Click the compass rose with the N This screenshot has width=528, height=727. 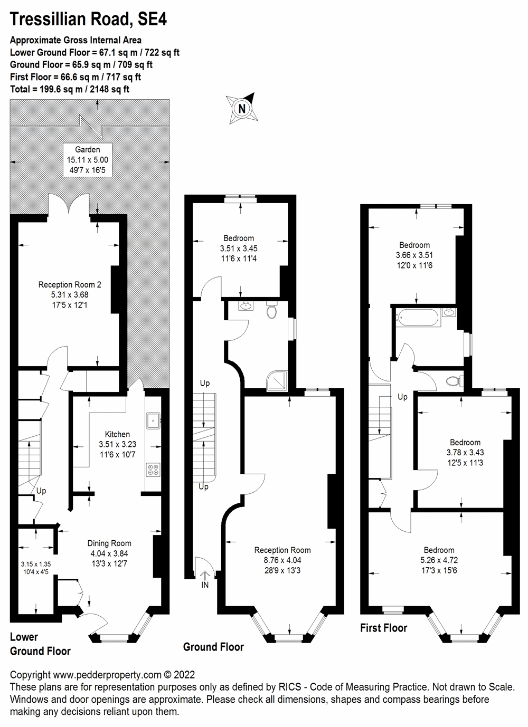(241, 108)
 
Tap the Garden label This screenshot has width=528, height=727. (87, 149)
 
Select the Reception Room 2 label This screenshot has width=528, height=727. (70, 284)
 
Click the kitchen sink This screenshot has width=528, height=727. (152, 420)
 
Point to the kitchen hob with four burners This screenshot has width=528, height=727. (153, 468)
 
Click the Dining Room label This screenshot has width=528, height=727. (109, 543)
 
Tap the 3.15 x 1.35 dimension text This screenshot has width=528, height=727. (35, 563)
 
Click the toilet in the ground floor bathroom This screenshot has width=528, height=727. (272, 311)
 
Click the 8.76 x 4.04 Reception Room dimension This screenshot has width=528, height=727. (282, 560)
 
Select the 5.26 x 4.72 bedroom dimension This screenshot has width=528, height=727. (439, 560)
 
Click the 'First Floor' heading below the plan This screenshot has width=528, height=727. (383, 628)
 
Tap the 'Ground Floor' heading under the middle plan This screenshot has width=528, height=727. (213, 647)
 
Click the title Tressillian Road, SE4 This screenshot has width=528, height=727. (89, 20)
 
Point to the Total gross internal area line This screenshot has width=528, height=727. (70, 89)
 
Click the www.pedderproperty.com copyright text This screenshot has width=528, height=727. (102, 674)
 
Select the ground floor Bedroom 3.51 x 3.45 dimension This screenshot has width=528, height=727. (239, 248)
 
